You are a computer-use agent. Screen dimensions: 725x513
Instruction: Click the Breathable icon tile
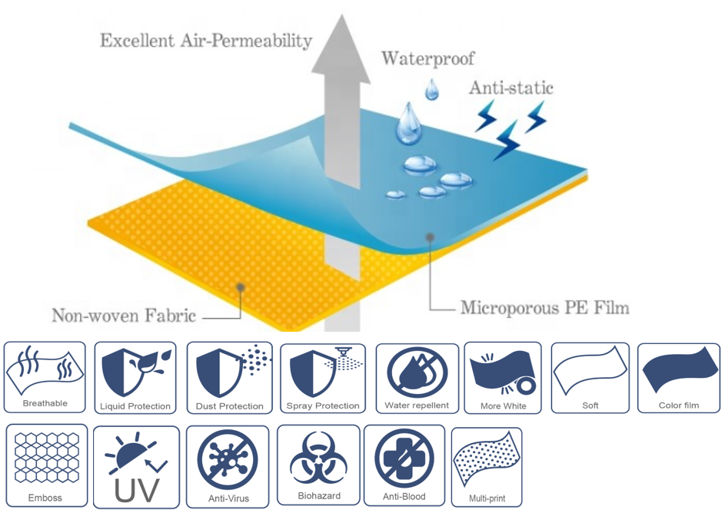tap(45, 376)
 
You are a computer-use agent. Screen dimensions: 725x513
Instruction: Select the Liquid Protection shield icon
tap(135, 370)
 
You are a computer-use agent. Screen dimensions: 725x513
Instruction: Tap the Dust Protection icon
tap(229, 370)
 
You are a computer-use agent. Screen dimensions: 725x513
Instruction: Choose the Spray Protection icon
tap(322, 370)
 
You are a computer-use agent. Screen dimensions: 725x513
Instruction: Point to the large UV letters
tap(136, 489)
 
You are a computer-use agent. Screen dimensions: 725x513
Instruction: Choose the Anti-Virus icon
tap(228, 459)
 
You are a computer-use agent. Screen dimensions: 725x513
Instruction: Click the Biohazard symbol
tap(318, 458)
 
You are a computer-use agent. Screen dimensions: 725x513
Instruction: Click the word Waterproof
tap(427, 58)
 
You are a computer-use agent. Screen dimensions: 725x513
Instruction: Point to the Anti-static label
tap(510, 88)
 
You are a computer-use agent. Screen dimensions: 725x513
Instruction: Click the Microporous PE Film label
tap(544, 309)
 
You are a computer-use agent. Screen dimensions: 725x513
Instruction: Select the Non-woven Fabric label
tap(123, 315)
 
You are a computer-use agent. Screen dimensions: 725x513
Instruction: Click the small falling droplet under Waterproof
tap(432, 90)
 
